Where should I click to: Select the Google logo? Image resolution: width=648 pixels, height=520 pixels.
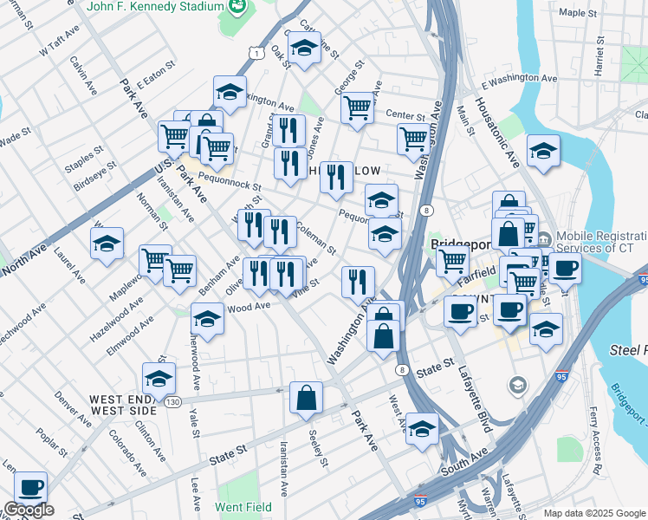[28, 510]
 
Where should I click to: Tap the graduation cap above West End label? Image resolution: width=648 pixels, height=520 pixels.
[159, 378]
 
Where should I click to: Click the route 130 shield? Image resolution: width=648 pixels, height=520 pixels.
[173, 402]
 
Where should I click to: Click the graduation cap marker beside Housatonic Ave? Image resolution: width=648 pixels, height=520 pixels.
[543, 151]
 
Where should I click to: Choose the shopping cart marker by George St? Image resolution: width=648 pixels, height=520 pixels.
[357, 108]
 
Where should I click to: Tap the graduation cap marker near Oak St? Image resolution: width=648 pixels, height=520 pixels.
[304, 49]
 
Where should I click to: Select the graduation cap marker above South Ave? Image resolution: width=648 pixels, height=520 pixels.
[422, 429]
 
